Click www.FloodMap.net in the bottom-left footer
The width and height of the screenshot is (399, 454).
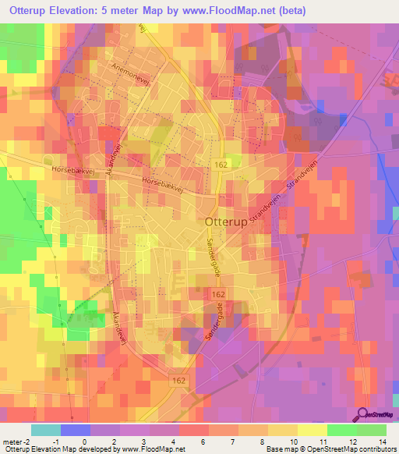[x=153, y=449]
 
